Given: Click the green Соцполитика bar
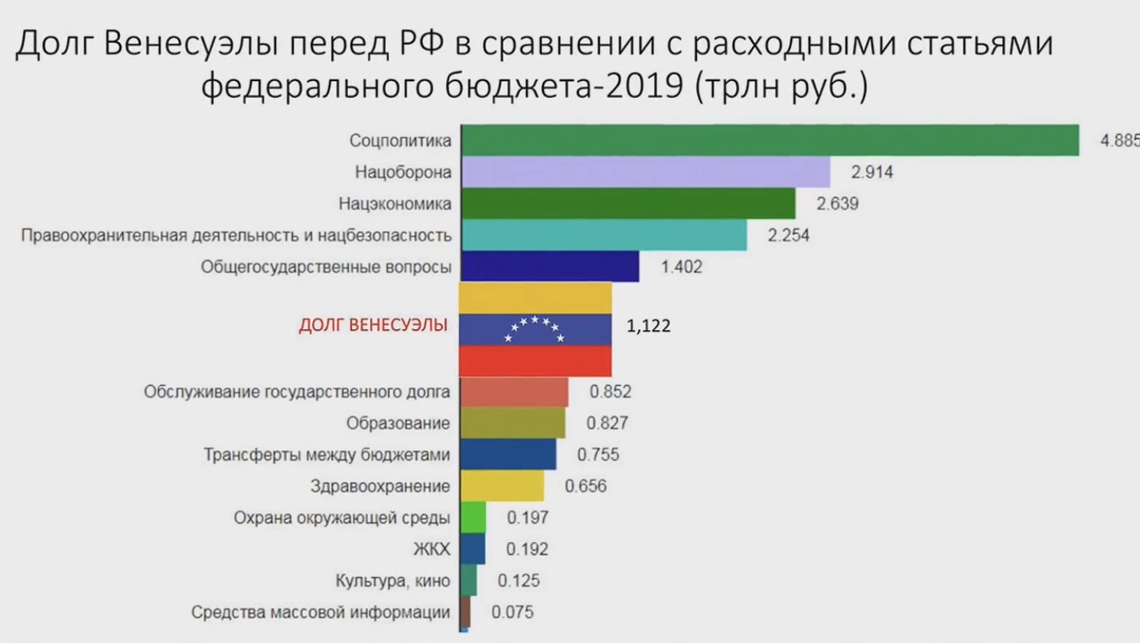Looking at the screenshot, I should pos(769,141).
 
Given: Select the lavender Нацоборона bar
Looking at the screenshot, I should pos(645,172).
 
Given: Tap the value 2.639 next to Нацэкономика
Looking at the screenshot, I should pos(837,204).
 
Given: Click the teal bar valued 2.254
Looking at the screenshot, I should pos(604,236).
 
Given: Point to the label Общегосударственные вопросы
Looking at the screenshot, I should pos(326,267).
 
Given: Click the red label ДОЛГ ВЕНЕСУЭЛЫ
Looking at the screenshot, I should pos(373,325).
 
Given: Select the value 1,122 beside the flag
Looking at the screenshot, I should pos(648,326).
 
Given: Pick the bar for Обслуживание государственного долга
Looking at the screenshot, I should pos(514,392).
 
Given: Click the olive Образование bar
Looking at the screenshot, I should pos(513,423).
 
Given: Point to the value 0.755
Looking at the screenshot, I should pos(598,455).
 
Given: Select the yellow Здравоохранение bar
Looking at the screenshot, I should pos(502,486).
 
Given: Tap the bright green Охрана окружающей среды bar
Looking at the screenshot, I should pos(474,517).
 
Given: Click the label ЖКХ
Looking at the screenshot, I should pos(432,550).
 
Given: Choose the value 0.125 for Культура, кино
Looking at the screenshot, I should pos(518,581).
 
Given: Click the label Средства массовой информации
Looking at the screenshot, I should pos(320,612).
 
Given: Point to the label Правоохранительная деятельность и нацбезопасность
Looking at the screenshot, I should pos(236,236).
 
